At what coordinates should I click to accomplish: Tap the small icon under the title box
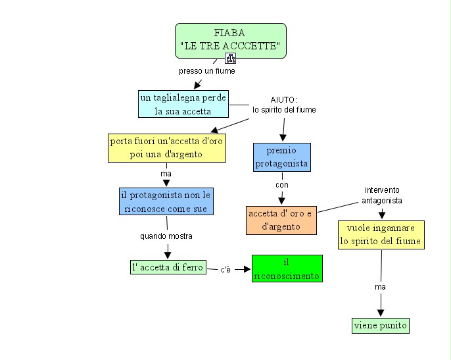coord(230,58)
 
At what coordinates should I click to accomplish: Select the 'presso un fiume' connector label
coord(206,70)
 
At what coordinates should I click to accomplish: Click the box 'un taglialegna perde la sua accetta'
coord(183,104)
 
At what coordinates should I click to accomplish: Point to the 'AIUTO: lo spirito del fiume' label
coord(284,105)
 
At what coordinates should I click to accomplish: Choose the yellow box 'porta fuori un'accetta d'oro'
coord(167,148)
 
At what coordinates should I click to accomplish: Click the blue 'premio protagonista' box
coord(281,157)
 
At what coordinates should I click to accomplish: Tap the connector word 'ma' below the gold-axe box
coord(166,174)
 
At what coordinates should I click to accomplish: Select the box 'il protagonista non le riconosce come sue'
coord(166,201)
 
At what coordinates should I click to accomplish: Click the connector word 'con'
coord(282,185)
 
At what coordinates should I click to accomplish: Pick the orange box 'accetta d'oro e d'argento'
coord(281,220)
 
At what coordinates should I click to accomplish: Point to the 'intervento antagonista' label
coord(382,195)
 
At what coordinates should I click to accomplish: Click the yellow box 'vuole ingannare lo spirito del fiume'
coord(381,235)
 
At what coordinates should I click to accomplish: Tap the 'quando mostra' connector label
coord(166,236)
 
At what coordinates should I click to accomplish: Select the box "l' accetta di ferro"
coord(168,267)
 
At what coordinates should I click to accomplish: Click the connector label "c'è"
coord(225,269)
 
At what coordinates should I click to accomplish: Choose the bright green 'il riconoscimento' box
coord(287,269)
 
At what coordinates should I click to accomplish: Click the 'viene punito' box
coord(381,325)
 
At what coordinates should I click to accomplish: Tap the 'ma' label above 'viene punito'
coord(380,287)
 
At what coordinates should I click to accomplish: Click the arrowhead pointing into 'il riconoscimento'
coord(248,269)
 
